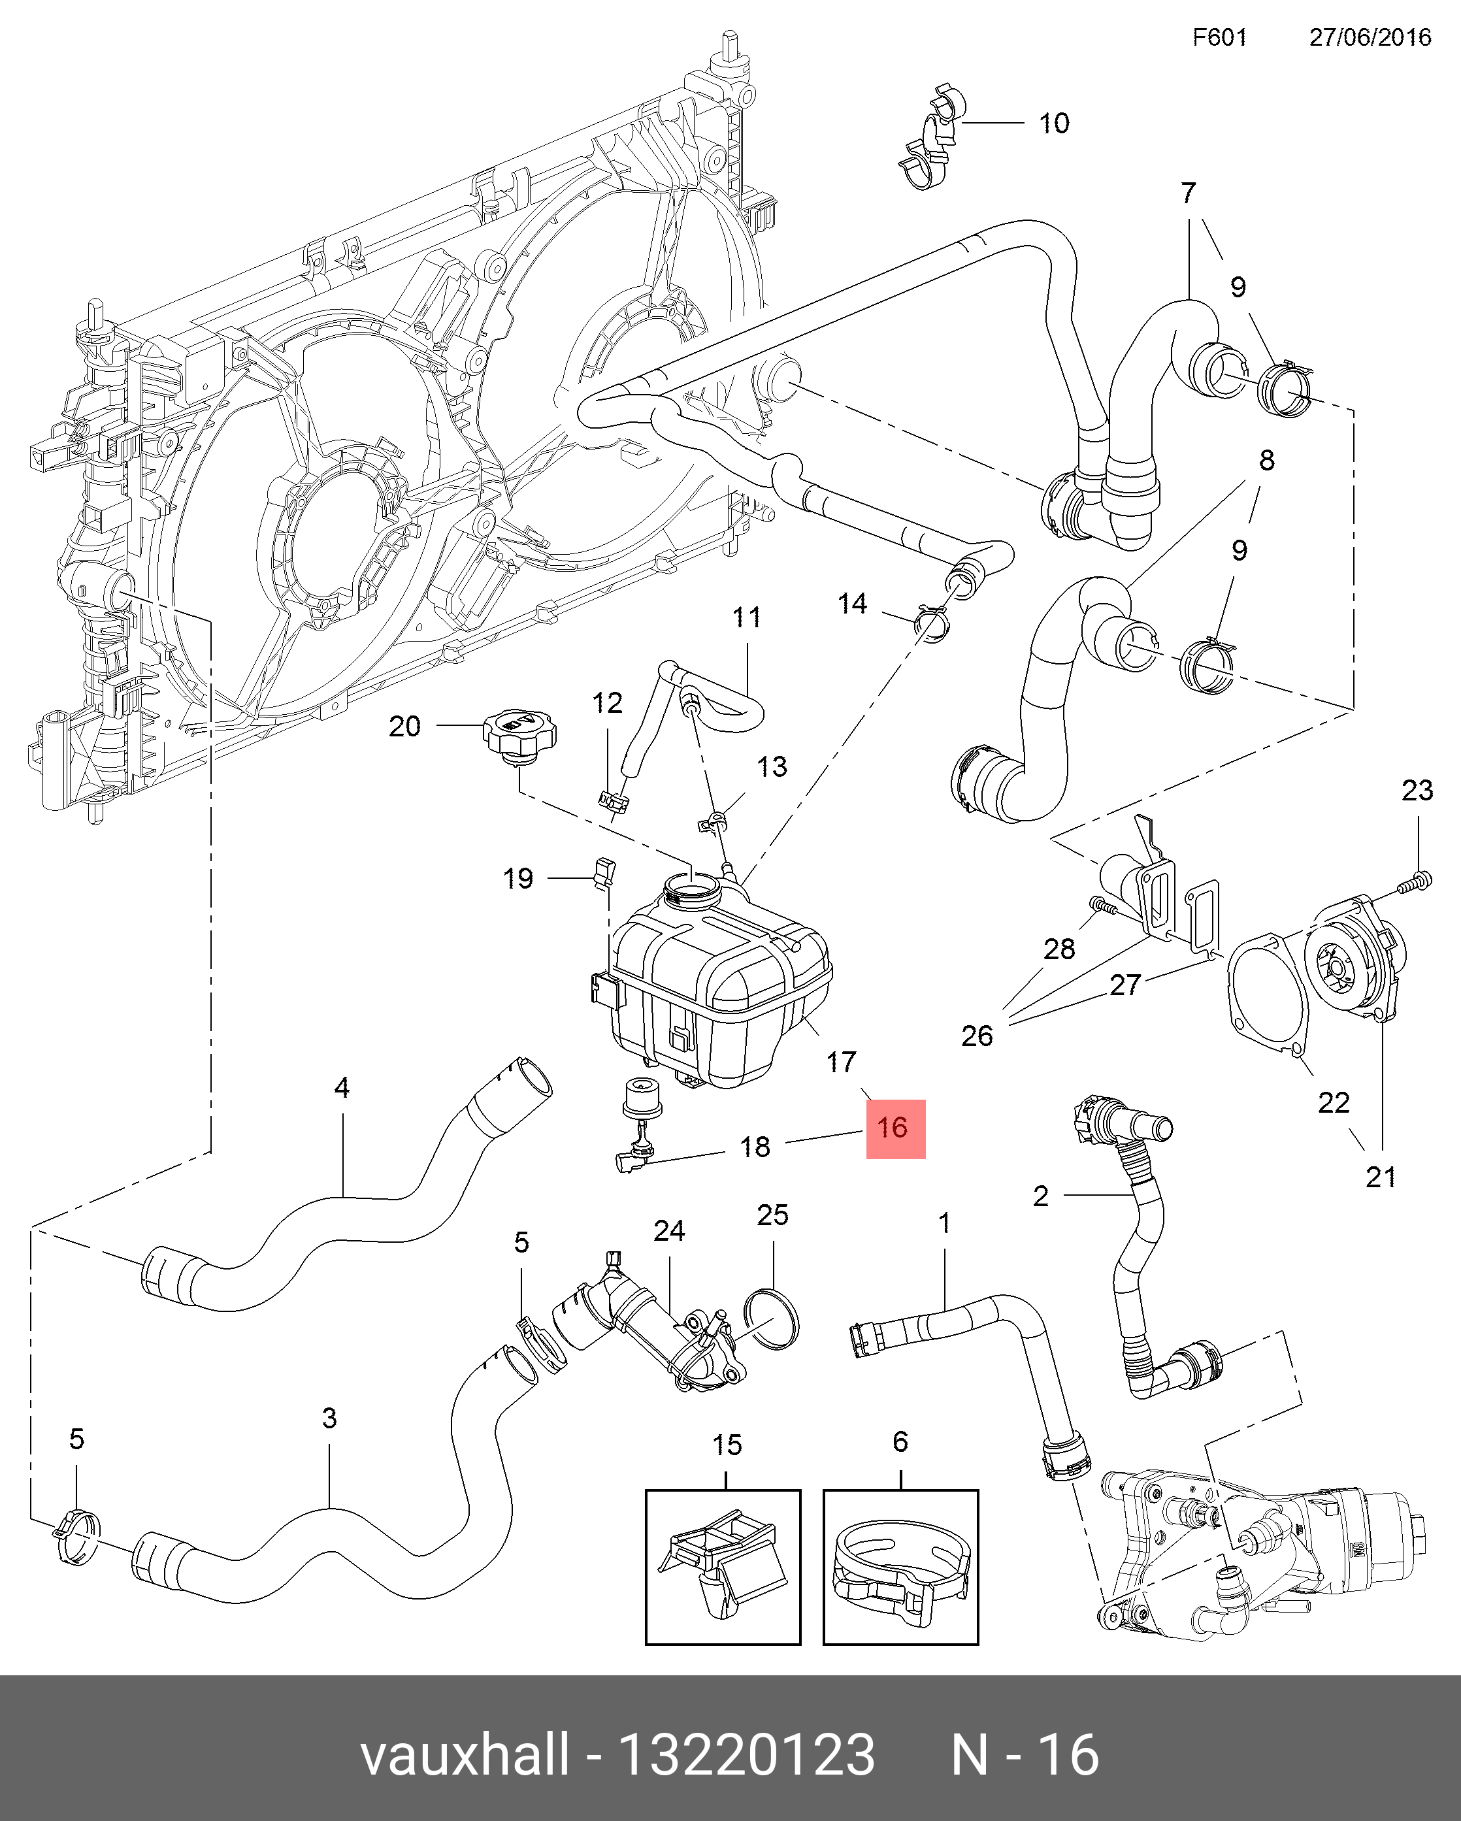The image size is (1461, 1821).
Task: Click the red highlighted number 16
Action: [x=895, y=1128]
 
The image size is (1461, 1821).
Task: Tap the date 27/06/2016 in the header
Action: [x=1370, y=38]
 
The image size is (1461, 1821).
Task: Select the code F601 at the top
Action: [x=1219, y=38]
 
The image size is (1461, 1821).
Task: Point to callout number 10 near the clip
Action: [x=1054, y=123]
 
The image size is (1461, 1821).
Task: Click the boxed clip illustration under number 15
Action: [x=723, y=1567]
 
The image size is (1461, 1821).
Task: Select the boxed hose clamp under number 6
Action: [x=900, y=1567]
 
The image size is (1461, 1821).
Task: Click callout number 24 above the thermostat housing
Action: [x=669, y=1230]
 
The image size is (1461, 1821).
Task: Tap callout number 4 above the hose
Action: [x=342, y=1087]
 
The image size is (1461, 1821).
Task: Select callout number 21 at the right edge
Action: [x=1381, y=1177]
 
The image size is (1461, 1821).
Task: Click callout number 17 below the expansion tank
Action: [x=841, y=1062]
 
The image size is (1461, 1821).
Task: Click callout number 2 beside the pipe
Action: [x=1040, y=1195]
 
